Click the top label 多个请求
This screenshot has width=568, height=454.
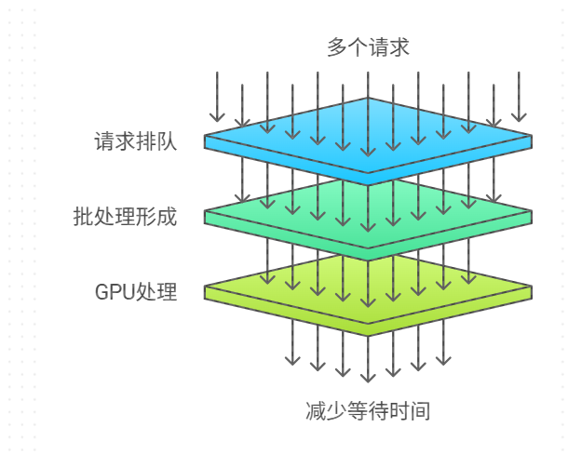(x=368, y=47)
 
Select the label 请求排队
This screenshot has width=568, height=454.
(x=135, y=142)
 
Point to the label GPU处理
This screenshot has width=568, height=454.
(x=136, y=291)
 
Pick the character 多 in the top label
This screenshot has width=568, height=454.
(x=337, y=47)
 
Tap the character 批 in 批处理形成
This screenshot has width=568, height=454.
(x=83, y=217)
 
